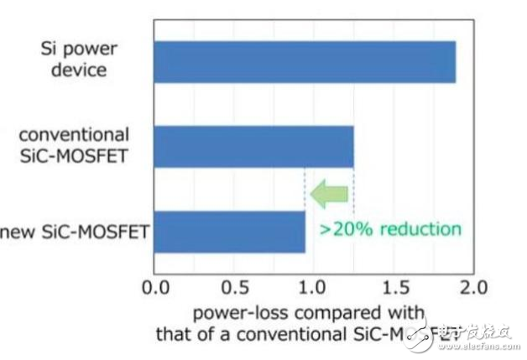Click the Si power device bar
pos(304,61)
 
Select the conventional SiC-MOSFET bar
pos(253,146)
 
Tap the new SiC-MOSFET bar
pos(228,232)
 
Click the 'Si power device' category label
pos(76,60)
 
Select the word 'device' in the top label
pos(78,70)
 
